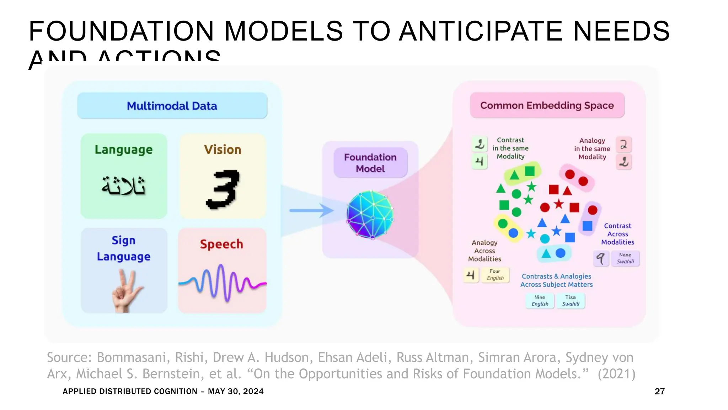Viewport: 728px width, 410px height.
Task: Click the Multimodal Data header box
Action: tap(172, 106)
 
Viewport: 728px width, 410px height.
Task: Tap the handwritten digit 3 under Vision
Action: tap(223, 189)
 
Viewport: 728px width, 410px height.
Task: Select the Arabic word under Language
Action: tap(123, 186)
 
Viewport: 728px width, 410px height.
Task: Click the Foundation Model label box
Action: tap(370, 163)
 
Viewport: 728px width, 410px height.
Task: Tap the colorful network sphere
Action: tap(370, 214)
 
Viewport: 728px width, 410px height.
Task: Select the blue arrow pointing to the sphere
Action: tap(311, 210)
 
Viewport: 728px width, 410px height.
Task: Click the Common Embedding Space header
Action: tap(547, 105)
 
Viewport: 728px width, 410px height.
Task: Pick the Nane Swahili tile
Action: tap(625, 258)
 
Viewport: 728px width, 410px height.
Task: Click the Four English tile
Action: tap(495, 275)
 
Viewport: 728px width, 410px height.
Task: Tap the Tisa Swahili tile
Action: tap(571, 300)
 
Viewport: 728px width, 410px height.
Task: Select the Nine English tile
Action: tap(540, 300)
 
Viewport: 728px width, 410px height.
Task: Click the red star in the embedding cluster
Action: tap(559, 204)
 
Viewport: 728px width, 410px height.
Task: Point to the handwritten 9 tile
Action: tap(601, 258)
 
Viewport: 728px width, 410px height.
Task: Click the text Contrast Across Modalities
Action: tap(617, 234)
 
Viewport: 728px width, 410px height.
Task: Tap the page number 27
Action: tap(659, 391)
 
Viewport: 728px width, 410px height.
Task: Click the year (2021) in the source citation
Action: tap(616, 374)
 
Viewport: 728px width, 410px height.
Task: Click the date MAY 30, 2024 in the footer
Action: tap(236, 391)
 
